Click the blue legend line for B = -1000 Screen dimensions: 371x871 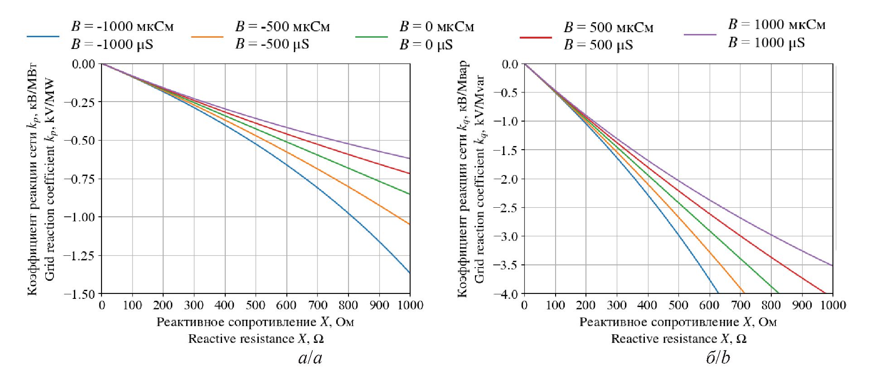click(x=43, y=36)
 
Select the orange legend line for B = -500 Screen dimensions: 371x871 click(x=207, y=36)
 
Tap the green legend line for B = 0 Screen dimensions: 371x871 click(x=372, y=36)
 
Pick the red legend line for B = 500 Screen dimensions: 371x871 click(x=536, y=37)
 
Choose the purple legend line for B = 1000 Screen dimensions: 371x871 click(x=700, y=34)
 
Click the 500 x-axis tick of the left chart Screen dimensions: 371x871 click(x=256, y=305)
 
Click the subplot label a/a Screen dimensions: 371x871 click(x=310, y=358)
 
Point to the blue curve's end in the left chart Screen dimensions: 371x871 click(x=410, y=273)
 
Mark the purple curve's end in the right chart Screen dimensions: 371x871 click(x=832, y=265)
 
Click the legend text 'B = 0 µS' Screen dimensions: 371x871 click(x=426, y=45)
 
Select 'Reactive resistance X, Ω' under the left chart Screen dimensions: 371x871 click(x=256, y=339)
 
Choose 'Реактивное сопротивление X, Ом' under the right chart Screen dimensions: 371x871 click(x=678, y=322)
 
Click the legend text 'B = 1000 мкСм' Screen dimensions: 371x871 click(x=777, y=24)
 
